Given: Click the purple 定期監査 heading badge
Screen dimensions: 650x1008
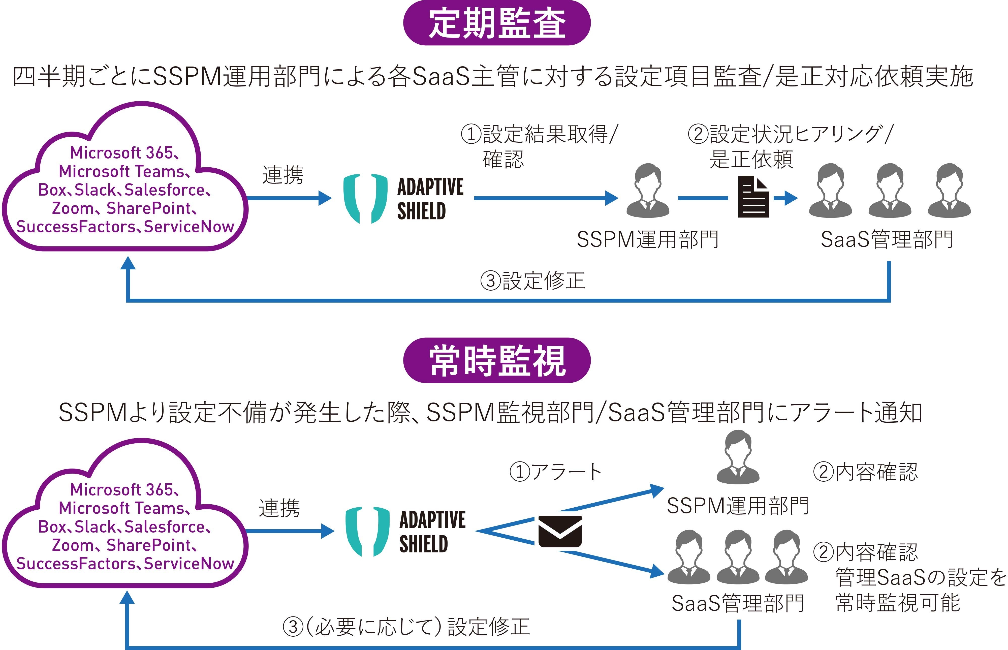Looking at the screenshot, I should tap(497, 23).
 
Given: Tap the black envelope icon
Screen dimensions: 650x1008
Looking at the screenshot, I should tap(560, 531).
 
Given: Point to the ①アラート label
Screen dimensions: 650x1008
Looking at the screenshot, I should tap(555, 472).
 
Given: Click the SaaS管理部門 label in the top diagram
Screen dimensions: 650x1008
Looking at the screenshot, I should tap(887, 239).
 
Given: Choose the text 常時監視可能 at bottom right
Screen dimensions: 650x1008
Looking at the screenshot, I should tap(898, 602).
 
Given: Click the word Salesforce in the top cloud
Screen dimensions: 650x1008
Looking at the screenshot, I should tap(165, 190).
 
